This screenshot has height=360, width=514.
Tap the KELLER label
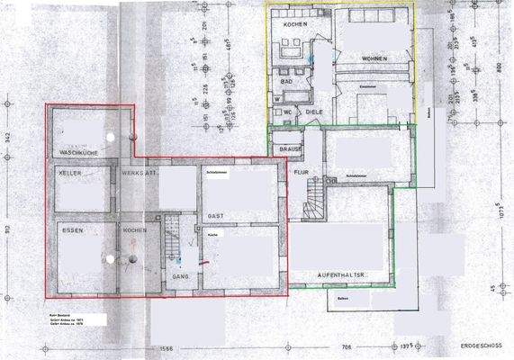click(70, 171)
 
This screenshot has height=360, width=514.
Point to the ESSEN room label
click(72, 229)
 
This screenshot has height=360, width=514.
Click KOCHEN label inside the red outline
click(135, 229)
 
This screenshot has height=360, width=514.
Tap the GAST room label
click(216, 217)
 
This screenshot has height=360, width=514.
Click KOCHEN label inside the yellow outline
click(295, 24)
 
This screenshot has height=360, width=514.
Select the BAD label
click(288, 81)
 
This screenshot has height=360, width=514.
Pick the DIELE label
click(313, 112)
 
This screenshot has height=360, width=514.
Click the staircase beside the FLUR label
click(313, 196)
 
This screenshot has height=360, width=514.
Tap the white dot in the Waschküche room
click(110, 136)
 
